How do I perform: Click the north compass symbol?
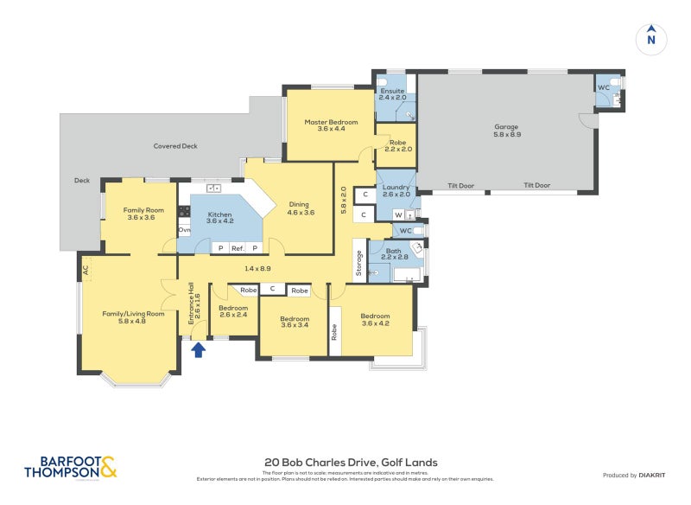coord(651,38)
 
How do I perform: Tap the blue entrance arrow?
coord(198,349)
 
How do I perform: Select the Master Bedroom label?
coord(331,126)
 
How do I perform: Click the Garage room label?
coord(507,131)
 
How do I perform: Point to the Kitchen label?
coord(219,217)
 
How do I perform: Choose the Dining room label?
coord(301,208)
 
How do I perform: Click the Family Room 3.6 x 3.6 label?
coord(143,214)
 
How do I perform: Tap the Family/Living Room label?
coord(132,317)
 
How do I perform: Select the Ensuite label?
coord(395,93)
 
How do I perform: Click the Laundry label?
coord(396,191)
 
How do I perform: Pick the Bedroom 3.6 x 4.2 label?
coord(375,320)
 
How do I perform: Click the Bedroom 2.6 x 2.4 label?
coord(233,311)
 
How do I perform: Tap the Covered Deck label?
coord(175,146)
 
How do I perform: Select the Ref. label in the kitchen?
coord(237,248)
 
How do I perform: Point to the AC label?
coord(86,269)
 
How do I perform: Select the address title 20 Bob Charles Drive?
coord(345,463)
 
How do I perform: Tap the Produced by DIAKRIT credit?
coord(637,475)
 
